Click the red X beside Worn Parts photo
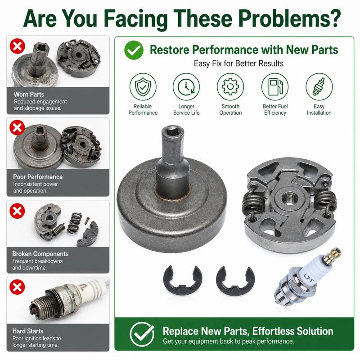(x=17, y=46)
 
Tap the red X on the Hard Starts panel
(x=17, y=287)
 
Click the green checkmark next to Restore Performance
(x=134, y=50)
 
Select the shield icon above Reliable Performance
(x=143, y=87)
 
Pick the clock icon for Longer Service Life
(x=186, y=87)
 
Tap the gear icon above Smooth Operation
(x=230, y=87)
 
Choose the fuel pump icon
(x=275, y=87)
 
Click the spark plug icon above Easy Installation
(x=319, y=87)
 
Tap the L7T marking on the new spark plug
(x=308, y=278)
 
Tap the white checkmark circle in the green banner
(x=142, y=334)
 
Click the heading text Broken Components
(x=40, y=254)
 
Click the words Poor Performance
(x=38, y=177)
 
